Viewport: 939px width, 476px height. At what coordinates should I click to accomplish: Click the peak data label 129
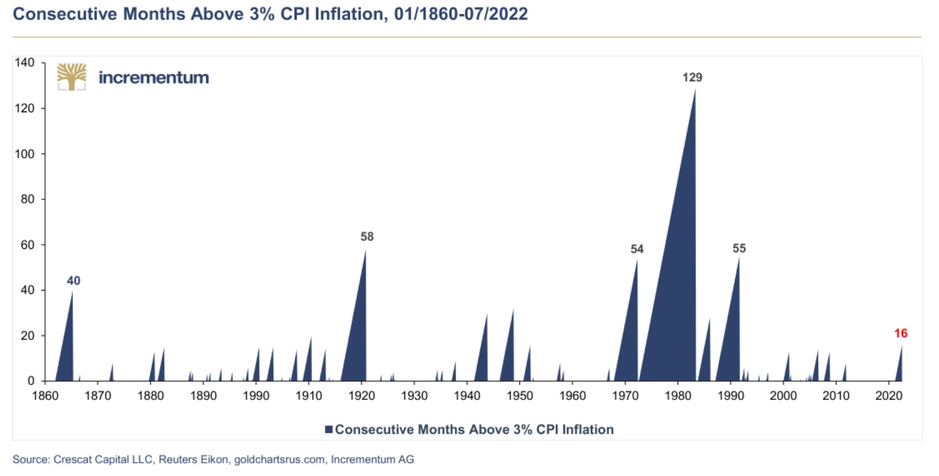692,78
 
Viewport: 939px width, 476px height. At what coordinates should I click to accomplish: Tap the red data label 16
900,333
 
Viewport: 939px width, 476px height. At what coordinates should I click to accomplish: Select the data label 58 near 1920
366,237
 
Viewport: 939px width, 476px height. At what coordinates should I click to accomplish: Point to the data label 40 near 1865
73,281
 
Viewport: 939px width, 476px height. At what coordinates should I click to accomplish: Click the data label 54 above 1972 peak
636,249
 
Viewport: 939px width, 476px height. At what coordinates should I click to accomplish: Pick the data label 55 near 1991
739,248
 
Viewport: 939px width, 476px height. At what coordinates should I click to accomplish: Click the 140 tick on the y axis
24,62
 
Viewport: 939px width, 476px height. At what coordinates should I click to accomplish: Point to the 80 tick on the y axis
27,199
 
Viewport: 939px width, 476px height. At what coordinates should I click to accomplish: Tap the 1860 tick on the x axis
45,396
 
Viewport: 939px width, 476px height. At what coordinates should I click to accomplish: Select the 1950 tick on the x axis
520,396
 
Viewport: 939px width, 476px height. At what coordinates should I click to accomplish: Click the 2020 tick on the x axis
888,396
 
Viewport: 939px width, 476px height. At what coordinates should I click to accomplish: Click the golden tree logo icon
72,77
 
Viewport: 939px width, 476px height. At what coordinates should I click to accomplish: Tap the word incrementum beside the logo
154,77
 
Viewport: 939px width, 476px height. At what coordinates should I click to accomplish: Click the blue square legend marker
329,429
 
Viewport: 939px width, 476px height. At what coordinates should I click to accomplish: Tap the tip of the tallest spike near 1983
695,89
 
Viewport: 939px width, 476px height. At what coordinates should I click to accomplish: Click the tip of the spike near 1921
365,250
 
